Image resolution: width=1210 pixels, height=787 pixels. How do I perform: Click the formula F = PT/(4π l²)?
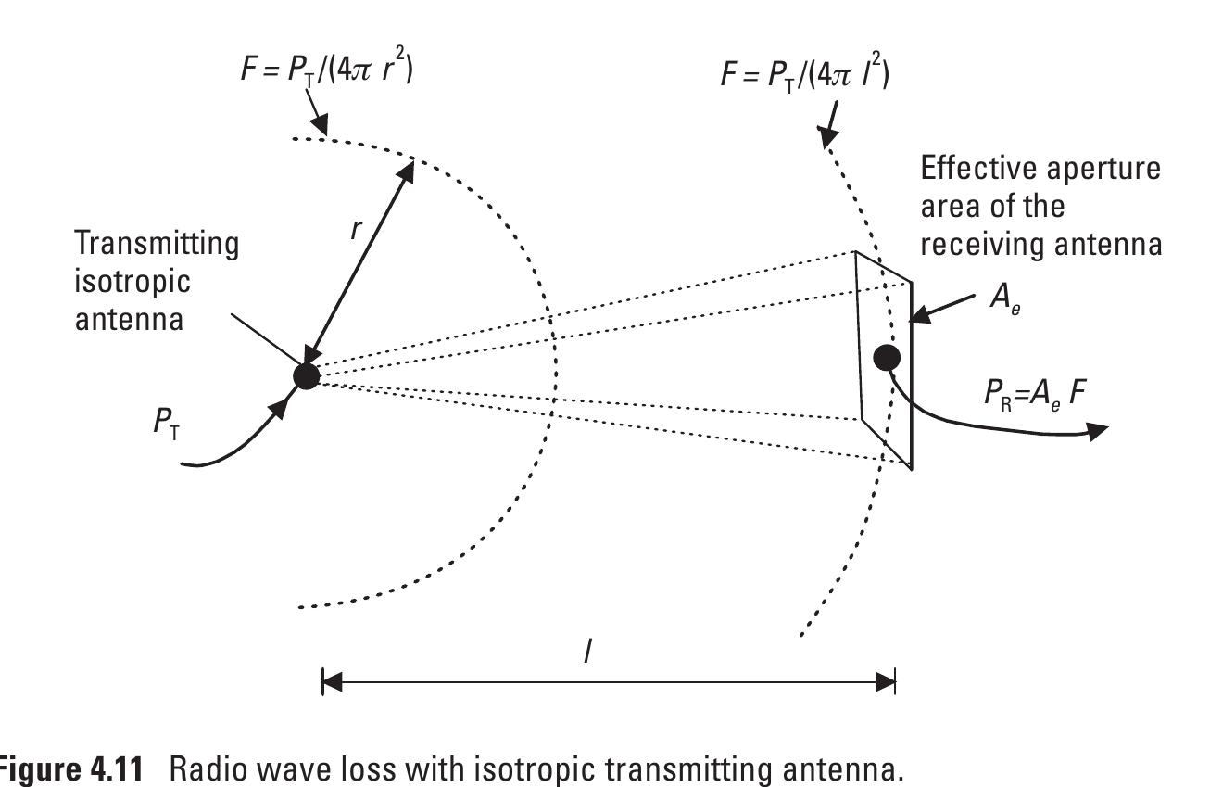804,72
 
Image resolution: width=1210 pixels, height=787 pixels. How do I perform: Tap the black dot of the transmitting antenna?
305,375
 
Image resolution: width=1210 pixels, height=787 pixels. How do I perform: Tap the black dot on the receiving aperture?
887,357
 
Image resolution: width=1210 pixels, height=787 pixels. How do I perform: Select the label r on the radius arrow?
355,228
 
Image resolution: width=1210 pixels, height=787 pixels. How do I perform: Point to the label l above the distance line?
587,651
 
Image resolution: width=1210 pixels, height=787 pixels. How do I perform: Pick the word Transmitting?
156,244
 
